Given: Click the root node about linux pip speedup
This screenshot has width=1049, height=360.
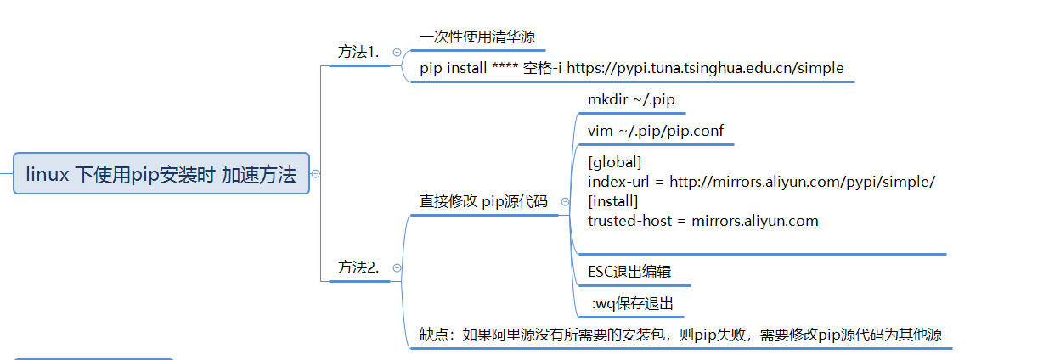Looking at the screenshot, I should pos(161,174).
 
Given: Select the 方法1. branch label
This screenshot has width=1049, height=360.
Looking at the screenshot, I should pos(358,52).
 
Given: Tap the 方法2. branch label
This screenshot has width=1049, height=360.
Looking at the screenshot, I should pos(358,267).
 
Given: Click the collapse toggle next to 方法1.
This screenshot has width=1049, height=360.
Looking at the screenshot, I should pos(397,52).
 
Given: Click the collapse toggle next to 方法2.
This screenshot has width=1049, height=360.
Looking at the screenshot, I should pos(397,267).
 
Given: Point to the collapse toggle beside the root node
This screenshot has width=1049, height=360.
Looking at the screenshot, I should pos(316,173).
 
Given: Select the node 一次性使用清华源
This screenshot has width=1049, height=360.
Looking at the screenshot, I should pos(477,37).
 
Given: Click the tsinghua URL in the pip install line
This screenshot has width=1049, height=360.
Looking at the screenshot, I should pos(705,68).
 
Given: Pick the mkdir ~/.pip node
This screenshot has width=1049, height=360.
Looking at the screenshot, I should pos(631,100).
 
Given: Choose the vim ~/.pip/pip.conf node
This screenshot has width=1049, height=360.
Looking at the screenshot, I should pos(655,132).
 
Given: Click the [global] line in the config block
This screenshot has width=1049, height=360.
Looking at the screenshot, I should pos(615,161).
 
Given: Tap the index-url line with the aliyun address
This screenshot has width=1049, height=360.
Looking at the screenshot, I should pos(762,182).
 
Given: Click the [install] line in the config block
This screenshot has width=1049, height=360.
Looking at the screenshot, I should pos(613,201).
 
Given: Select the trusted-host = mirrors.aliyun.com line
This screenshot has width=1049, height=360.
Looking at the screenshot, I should pos(703,221).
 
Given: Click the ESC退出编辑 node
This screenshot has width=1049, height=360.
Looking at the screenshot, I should pos(629,272).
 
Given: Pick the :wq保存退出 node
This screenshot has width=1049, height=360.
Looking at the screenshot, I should pos(634,303).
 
